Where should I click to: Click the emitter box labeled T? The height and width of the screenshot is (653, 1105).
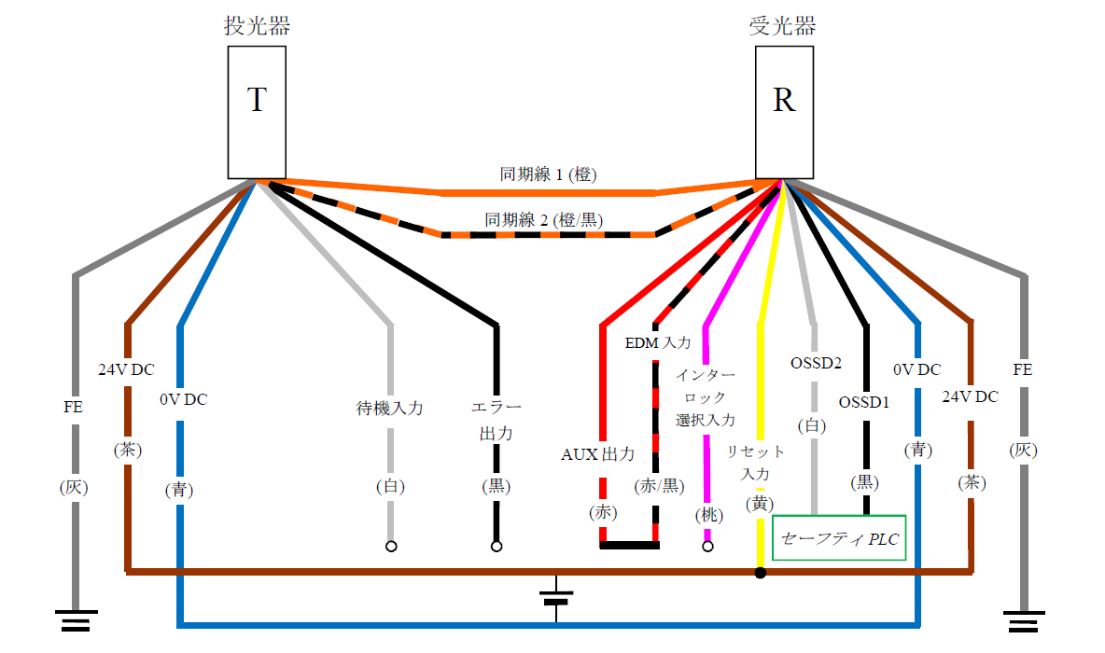[257, 112]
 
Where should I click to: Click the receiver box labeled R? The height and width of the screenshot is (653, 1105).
[784, 112]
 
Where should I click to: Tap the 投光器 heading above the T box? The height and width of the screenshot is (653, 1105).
[257, 25]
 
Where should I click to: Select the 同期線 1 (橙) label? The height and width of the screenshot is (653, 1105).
[548, 174]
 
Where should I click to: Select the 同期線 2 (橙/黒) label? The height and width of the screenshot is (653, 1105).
[544, 220]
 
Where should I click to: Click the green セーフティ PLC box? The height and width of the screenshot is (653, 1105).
[839, 538]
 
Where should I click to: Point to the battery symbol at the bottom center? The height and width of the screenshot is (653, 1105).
[556, 597]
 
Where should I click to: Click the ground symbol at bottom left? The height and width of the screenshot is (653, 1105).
[75, 619]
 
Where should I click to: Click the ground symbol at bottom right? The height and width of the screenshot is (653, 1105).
[1025, 619]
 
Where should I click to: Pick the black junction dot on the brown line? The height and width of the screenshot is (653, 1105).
[761, 572]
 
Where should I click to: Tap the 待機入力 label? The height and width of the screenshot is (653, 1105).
[390, 408]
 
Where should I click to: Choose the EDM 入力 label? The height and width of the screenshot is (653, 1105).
[657, 342]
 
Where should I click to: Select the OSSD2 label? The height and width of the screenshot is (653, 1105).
[816, 361]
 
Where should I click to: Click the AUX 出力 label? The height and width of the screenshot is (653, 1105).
[597, 454]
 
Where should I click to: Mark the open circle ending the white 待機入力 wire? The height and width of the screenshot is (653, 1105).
[391, 547]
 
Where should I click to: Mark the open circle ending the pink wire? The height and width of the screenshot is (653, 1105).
[707, 547]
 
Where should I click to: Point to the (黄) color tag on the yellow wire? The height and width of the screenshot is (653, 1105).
[760, 504]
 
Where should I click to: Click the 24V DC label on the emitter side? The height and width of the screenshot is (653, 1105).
[127, 368]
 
